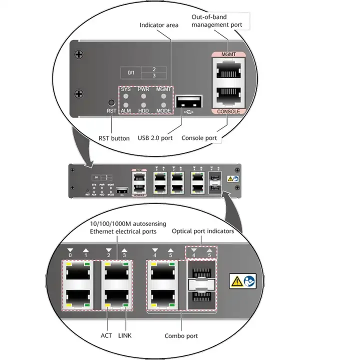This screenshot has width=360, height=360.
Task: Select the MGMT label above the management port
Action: tap(228, 54)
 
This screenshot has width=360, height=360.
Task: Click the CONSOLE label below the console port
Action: tap(228, 111)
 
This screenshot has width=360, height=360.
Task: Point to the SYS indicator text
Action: tap(125, 89)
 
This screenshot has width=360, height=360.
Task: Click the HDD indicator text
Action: tap(144, 110)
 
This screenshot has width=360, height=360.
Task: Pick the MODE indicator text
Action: tap(163, 110)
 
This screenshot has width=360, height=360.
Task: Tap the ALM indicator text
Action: tap(125, 110)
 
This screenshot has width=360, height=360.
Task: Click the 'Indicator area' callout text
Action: tap(159, 25)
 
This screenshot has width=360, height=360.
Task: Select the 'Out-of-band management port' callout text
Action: tap(217, 21)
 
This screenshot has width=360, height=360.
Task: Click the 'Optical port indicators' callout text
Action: tap(202, 231)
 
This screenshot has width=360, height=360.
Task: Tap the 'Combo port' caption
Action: tap(181, 336)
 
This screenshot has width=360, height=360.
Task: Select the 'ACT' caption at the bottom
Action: tap(106, 335)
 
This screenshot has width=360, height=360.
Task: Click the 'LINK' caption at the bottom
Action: tap(125, 335)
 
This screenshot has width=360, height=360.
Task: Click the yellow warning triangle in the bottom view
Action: tap(236, 281)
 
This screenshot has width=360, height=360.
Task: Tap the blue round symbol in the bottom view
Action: tap(249, 281)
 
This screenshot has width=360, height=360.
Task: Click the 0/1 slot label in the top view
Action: tap(131, 72)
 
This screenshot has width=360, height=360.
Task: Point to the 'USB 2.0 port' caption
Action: tap(155, 138)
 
